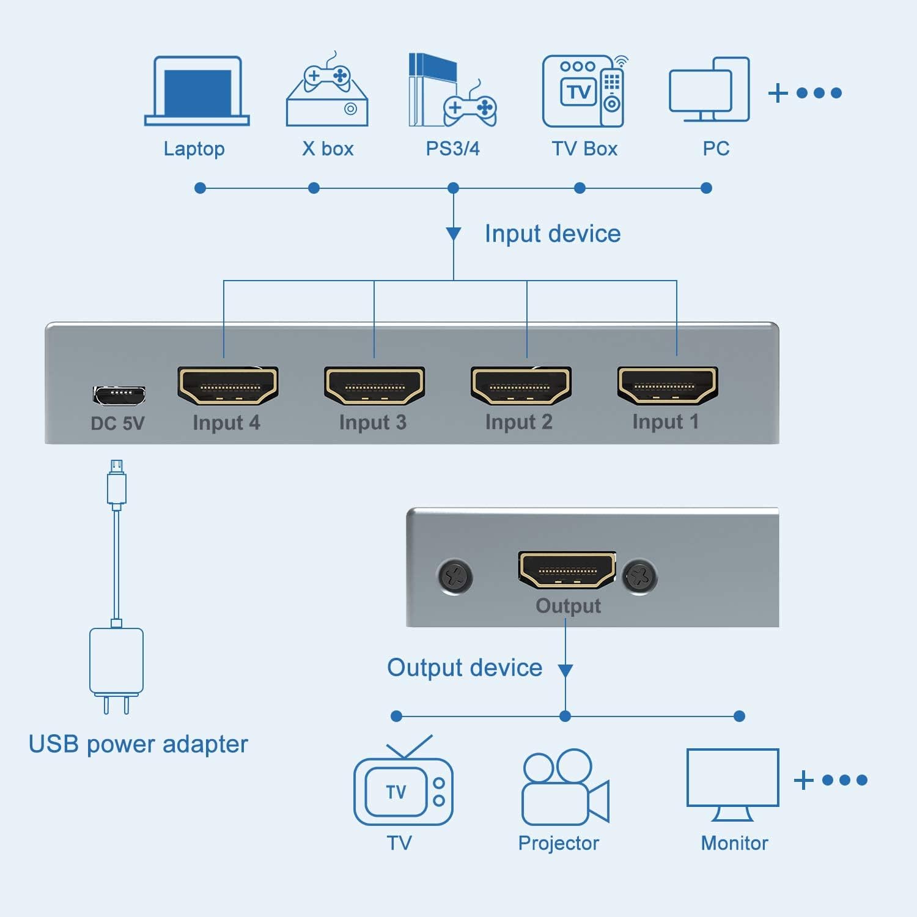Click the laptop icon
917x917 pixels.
pyautogui.click(x=197, y=91)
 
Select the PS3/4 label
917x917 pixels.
pyautogui.click(x=452, y=149)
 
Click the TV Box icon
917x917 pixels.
pyautogui.click(x=584, y=91)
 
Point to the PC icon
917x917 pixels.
pyautogui.click(x=710, y=90)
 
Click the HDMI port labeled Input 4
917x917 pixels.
pyautogui.click(x=228, y=386)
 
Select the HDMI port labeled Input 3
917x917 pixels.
pyautogui.click(x=374, y=386)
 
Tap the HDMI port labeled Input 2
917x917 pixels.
pyautogui.click(x=521, y=386)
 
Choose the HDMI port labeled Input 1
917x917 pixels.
pyautogui.click(x=668, y=385)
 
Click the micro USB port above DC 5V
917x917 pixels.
pyautogui.click(x=119, y=395)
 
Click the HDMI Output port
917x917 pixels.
pyautogui.click(x=567, y=570)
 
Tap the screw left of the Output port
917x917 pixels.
pyautogui.click(x=455, y=576)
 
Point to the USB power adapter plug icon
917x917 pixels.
pyautogui.click(x=116, y=670)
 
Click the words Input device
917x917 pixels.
pyautogui.click(x=553, y=234)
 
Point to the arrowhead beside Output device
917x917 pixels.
pyautogui.click(x=565, y=671)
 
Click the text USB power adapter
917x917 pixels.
pyautogui.click(x=138, y=745)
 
